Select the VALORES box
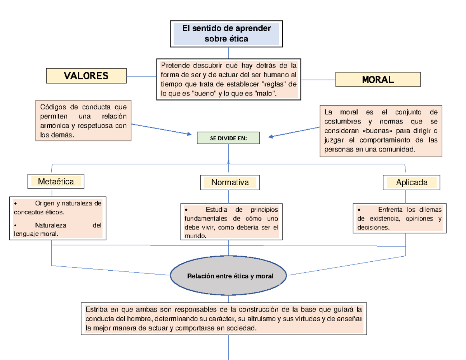(86, 76)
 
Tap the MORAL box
(377, 80)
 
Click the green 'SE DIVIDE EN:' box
(228, 137)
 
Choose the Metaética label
(56, 181)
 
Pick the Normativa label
(230, 182)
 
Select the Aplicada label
(412, 182)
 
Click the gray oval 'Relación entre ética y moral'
(230, 276)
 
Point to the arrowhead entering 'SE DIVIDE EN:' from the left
(190, 134)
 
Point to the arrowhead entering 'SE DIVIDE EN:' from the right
(271, 136)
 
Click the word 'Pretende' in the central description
(174, 64)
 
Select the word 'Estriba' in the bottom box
(96, 310)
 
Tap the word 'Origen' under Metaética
(44, 203)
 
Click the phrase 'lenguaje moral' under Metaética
(36, 234)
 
